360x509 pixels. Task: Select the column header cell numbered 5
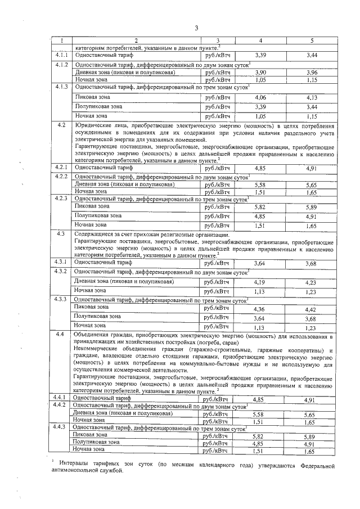click(x=311, y=40)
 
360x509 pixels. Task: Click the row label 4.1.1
click(x=62, y=55)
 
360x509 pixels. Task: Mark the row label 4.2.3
click(x=62, y=199)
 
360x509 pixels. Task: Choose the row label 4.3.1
click(x=62, y=263)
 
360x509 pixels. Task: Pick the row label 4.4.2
click(x=61, y=405)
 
